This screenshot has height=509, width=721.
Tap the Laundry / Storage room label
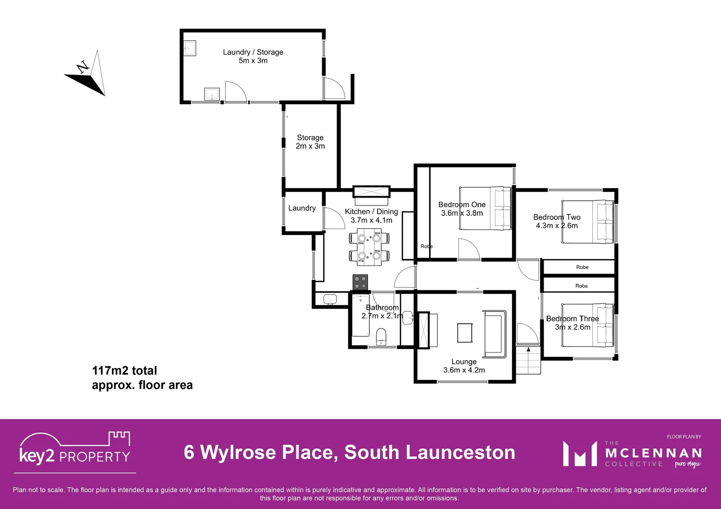click(x=253, y=56)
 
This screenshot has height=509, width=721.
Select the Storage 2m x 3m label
click(x=310, y=142)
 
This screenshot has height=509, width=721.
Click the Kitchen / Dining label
click(x=371, y=216)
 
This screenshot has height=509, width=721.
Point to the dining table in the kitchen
click(x=369, y=247)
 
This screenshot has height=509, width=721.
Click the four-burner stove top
click(x=360, y=282)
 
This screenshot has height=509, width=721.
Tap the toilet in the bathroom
click(x=381, y=337)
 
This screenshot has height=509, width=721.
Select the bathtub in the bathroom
click(x=361, y=316)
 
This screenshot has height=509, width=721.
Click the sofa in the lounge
click(x=495, y=334)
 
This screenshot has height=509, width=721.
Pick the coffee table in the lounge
click(x=465, y=333)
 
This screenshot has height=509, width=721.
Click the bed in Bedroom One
click(x=485, y=208)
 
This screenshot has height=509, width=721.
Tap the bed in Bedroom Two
click(x=587, y=222)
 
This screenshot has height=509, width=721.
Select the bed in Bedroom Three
click(x=587, y=325)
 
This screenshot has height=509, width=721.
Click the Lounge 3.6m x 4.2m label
click(x=464, y=366)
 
